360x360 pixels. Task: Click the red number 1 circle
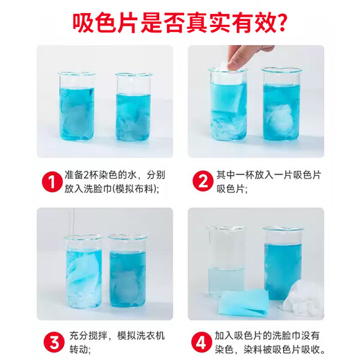(x=51, y=181)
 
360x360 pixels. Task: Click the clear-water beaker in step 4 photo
(x=226, y=263)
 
